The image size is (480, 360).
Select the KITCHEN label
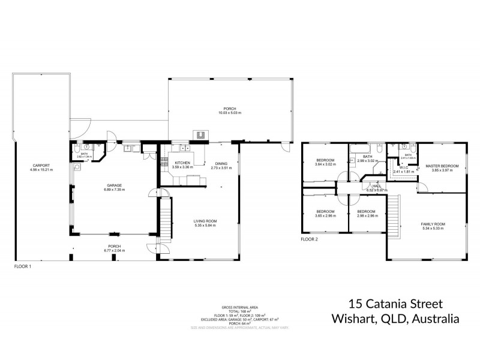[183, 163]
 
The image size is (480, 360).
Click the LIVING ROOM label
[205, 221]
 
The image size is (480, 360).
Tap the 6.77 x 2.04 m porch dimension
[114, 251]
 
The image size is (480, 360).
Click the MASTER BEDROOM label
[442, 166]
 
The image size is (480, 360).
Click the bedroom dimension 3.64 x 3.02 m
[325, 164]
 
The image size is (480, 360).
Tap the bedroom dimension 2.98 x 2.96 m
[366, 216]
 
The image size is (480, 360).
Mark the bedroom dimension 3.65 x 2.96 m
[325, 216]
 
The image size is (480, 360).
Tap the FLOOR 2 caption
[310, 239]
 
